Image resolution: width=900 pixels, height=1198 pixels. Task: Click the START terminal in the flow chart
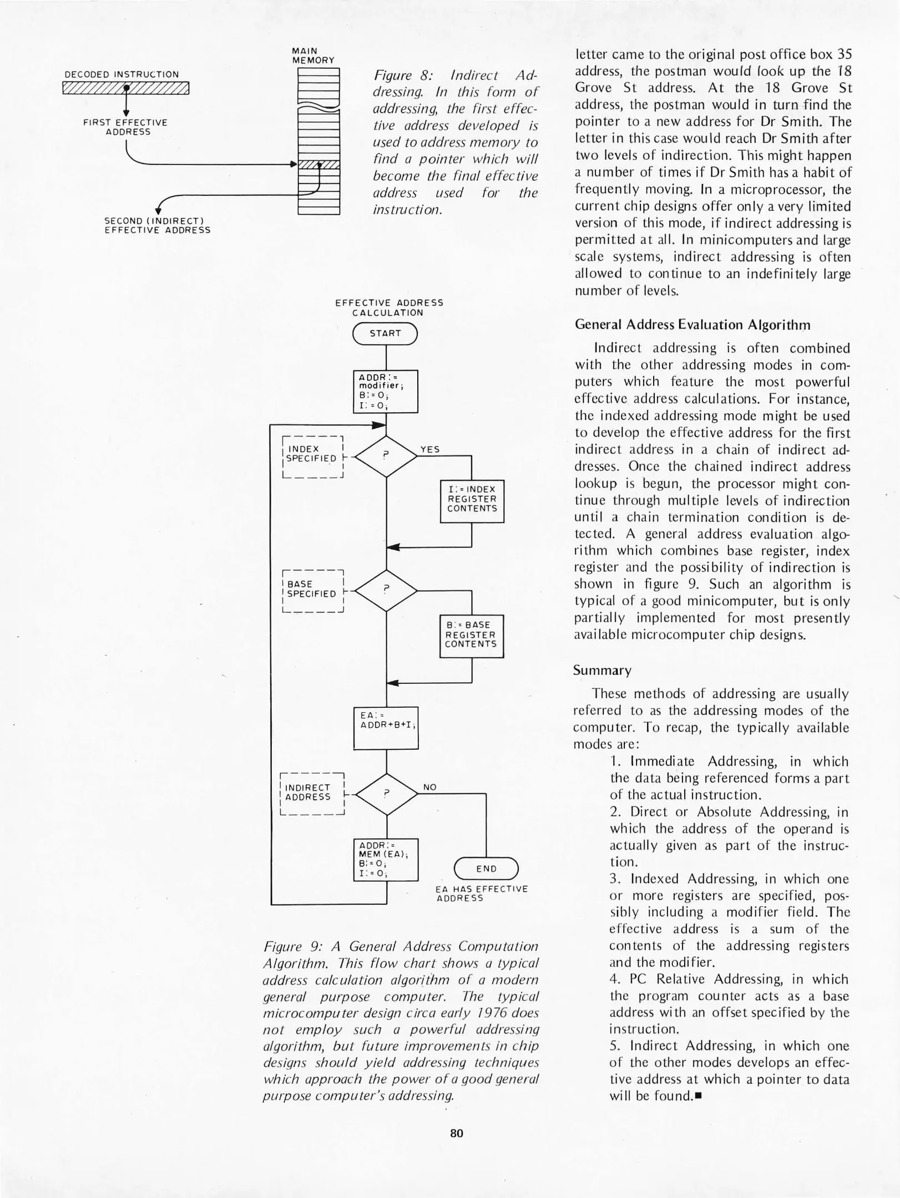tap(385, 333)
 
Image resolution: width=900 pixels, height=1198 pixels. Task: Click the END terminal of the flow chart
tap(486, 869)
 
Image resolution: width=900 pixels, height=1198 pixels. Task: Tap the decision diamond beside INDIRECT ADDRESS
tap(386, 794)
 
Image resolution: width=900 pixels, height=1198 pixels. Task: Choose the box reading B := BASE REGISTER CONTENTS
tap(471, 636)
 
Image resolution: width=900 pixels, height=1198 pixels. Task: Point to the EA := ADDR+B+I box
tap(386, 727)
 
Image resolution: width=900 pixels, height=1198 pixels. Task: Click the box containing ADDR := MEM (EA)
tap(386, 859)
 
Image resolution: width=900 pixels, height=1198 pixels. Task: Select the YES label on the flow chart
tap(430, 450)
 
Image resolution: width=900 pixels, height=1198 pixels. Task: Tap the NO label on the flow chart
tap(430, 787)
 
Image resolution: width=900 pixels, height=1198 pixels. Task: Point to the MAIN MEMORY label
tap(313, 55)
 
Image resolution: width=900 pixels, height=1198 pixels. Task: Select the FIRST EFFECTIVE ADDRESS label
tap(125, 127)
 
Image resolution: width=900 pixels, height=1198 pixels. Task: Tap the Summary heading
tap(602, 671)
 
